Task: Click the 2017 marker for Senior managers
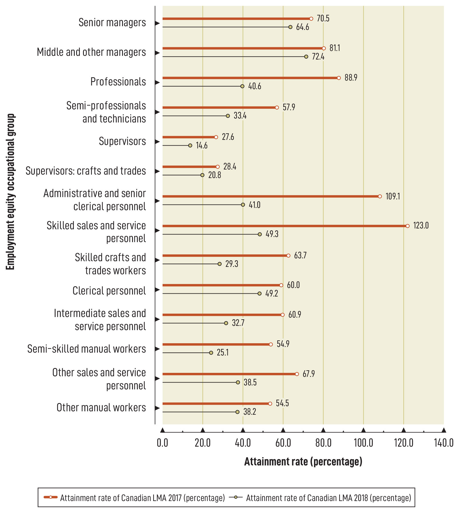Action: point(311,19)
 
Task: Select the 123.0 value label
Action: point(421,226)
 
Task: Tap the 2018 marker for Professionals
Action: point(242,86)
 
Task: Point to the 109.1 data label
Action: point(393,196)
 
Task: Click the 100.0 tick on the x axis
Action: point(363,443)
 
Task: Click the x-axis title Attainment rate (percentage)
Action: point(303,461)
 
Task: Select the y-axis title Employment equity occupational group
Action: point(10,192)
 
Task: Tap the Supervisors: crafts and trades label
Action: point(86,171)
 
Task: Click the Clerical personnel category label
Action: point(109,291)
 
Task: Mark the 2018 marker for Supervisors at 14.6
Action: point(190,146)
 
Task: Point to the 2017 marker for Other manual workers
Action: point(270,404)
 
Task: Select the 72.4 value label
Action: point(318,57)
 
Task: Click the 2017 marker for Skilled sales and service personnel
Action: point(408,226)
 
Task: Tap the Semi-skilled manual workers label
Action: point(86,349)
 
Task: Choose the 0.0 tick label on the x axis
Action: point(162,443)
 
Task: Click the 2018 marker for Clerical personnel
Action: point(259,294)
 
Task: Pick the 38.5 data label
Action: point(250,383)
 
